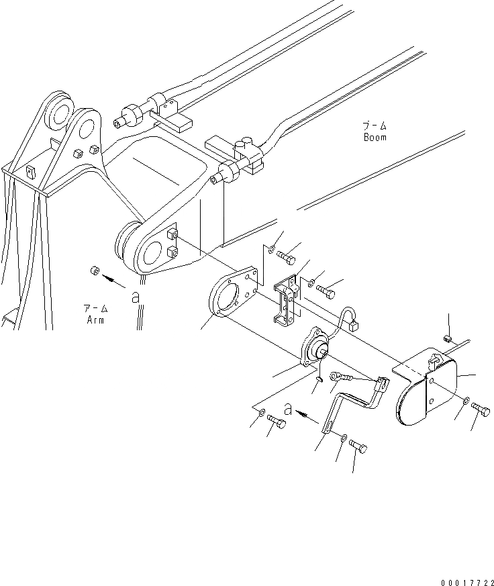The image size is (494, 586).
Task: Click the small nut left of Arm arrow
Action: point(95,271)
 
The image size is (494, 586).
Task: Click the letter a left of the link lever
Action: point(288,408)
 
